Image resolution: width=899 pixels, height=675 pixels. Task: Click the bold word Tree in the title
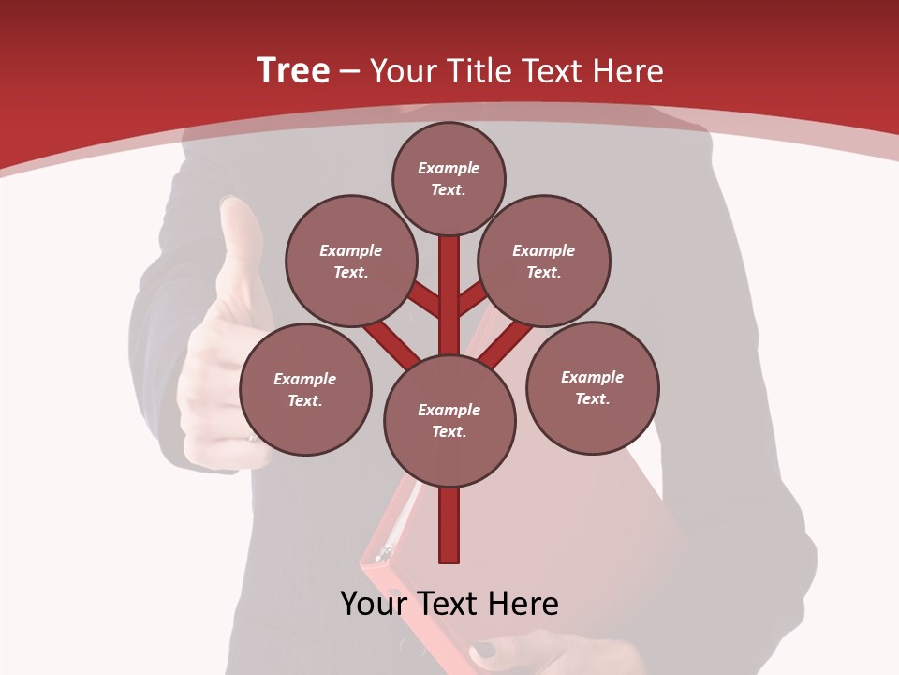click(293, 70)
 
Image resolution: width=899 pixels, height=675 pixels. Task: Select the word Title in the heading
click(478, 71)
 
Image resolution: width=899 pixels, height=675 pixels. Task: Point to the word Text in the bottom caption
click(450, 604)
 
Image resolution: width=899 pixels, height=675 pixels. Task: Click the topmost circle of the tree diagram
click(449, 178)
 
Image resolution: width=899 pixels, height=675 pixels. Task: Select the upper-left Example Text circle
click(350, 261)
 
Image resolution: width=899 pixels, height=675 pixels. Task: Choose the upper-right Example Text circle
click(544, 261)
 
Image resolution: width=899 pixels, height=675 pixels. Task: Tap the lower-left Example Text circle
click(305, 389)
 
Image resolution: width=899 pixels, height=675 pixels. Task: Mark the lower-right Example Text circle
click(592, 387)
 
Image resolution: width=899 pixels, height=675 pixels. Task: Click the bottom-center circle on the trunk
click(449, 420)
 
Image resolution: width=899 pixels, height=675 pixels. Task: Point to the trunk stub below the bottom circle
click(449, 525)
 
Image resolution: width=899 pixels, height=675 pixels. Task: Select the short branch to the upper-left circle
click(426, 300)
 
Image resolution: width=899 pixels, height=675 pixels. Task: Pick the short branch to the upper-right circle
click(472, 299)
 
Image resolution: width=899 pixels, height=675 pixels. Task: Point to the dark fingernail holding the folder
click(484, 650)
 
